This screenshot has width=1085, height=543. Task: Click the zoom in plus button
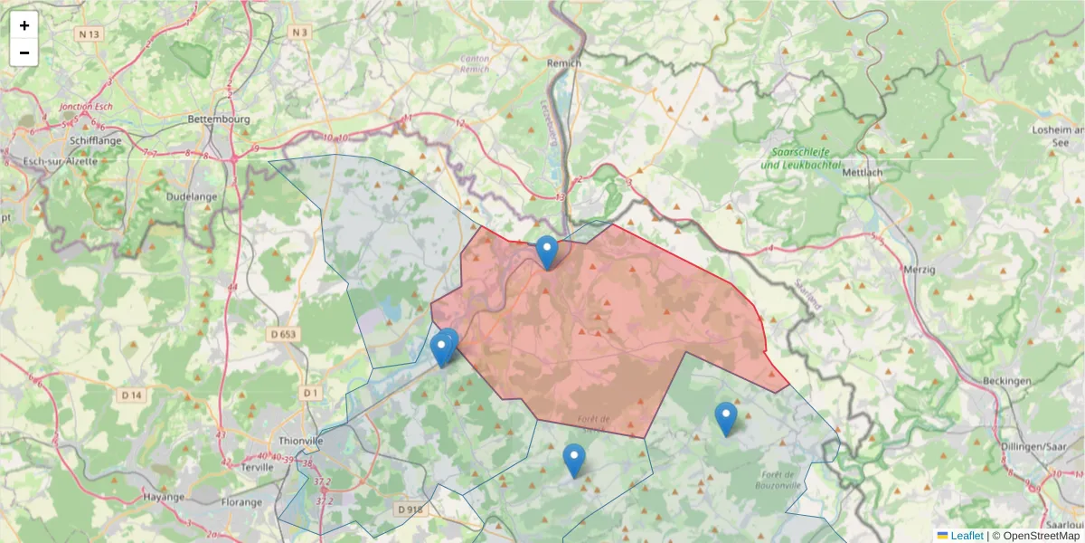24,25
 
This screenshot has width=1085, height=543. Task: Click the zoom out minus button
24,52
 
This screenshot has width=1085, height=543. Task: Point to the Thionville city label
302,441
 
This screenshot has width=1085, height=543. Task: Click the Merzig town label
920,269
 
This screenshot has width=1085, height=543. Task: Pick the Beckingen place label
1006,381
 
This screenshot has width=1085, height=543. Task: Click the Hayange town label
164,497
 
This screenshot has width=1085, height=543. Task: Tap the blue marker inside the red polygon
547,251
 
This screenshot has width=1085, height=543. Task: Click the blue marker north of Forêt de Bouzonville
725,417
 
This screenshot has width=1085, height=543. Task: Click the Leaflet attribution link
966,536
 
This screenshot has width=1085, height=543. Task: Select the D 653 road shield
283,334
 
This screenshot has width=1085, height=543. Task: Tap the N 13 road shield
88,34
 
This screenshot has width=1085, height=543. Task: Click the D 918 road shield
410,510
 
